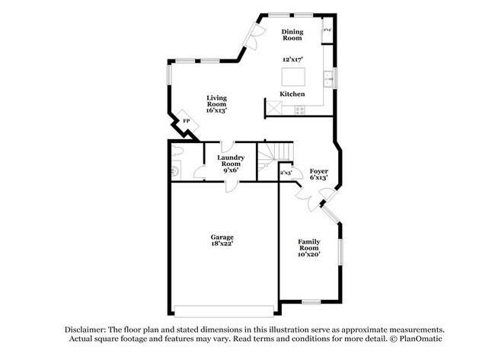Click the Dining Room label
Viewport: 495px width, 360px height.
[292, 33]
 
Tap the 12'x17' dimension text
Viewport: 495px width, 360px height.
[292, 59]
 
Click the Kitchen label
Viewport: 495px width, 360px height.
[292, 94]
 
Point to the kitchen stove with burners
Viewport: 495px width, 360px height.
[299, 109]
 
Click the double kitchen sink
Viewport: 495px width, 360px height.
[329, 77]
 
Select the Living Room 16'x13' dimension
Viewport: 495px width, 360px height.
[216, 110]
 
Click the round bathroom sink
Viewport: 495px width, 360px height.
[174, 171]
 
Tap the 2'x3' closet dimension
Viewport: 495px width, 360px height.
[286, 174]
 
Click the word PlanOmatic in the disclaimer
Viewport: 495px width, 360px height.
[418, 338]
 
